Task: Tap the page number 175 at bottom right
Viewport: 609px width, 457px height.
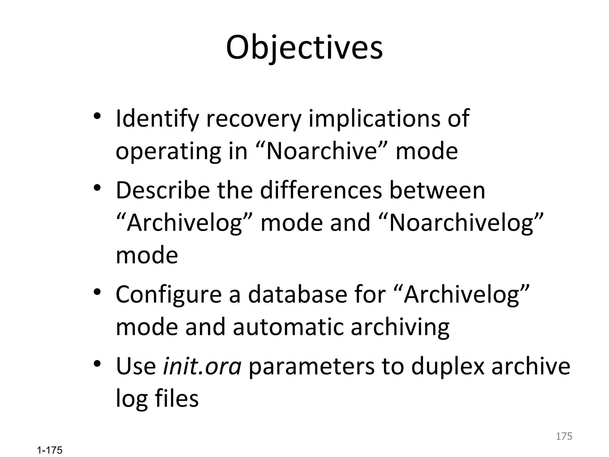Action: point(564,436)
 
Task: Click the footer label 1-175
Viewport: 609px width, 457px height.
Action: point(50,450)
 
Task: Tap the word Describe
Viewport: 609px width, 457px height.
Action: point(163,190)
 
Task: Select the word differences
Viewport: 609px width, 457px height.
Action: point(321,190)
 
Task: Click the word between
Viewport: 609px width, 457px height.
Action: point(437,190)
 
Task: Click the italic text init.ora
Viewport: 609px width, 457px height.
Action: point(202,366)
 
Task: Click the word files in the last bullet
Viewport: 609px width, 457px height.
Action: point(177,399)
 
